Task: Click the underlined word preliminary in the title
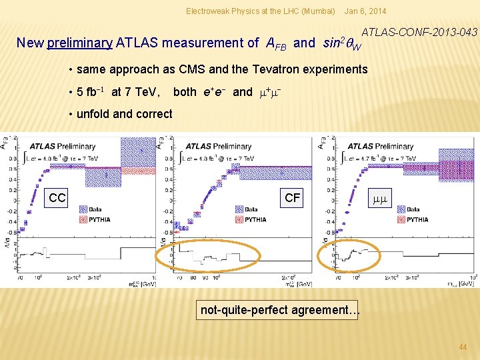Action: click(x=80, y=43)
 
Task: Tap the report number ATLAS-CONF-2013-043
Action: click(x=419, y=31)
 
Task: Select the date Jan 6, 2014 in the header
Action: click(x=365, y=11)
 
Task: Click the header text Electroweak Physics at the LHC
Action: click(x=260, y=11)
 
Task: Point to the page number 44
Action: click(x=463, y=347)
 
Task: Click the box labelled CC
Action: click(x=57, y=198)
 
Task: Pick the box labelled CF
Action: click(x=292, y=197)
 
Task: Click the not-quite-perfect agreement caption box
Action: click(x=280, y=310)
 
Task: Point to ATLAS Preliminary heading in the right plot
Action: click(x=389, y=146)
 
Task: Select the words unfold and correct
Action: click(x=125, y=114)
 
